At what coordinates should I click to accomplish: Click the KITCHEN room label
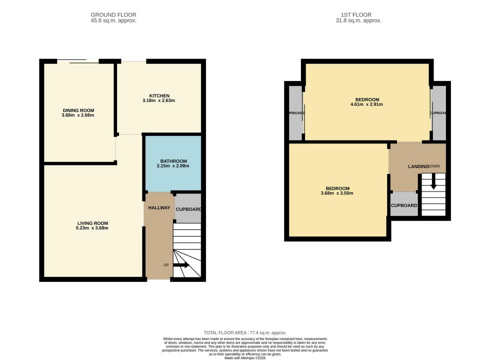(x=159, y=95)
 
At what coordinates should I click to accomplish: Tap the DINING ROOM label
(x=78, y=110)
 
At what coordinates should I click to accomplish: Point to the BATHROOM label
(x=173, y=161)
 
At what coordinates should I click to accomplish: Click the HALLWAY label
(x=159, y=208)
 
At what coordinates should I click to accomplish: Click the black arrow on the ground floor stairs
(x=180, y=265)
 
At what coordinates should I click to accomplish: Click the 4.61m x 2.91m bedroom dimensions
(x=366, y=105)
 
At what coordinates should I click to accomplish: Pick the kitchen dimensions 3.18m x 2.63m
(x=159, y=100)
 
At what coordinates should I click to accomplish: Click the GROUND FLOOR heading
(x=113, y=15)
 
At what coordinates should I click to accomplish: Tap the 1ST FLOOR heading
(x=358, y=15)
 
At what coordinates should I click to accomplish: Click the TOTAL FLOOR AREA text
(x=244, y=332)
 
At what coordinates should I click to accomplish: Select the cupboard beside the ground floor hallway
(x=188, y=209)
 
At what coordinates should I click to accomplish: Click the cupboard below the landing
(x=403, y=205)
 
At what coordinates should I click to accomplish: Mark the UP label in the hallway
(x=166, y=265)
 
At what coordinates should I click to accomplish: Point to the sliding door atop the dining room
(x=78, y=61)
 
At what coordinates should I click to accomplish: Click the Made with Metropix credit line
(x=244, y=358)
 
